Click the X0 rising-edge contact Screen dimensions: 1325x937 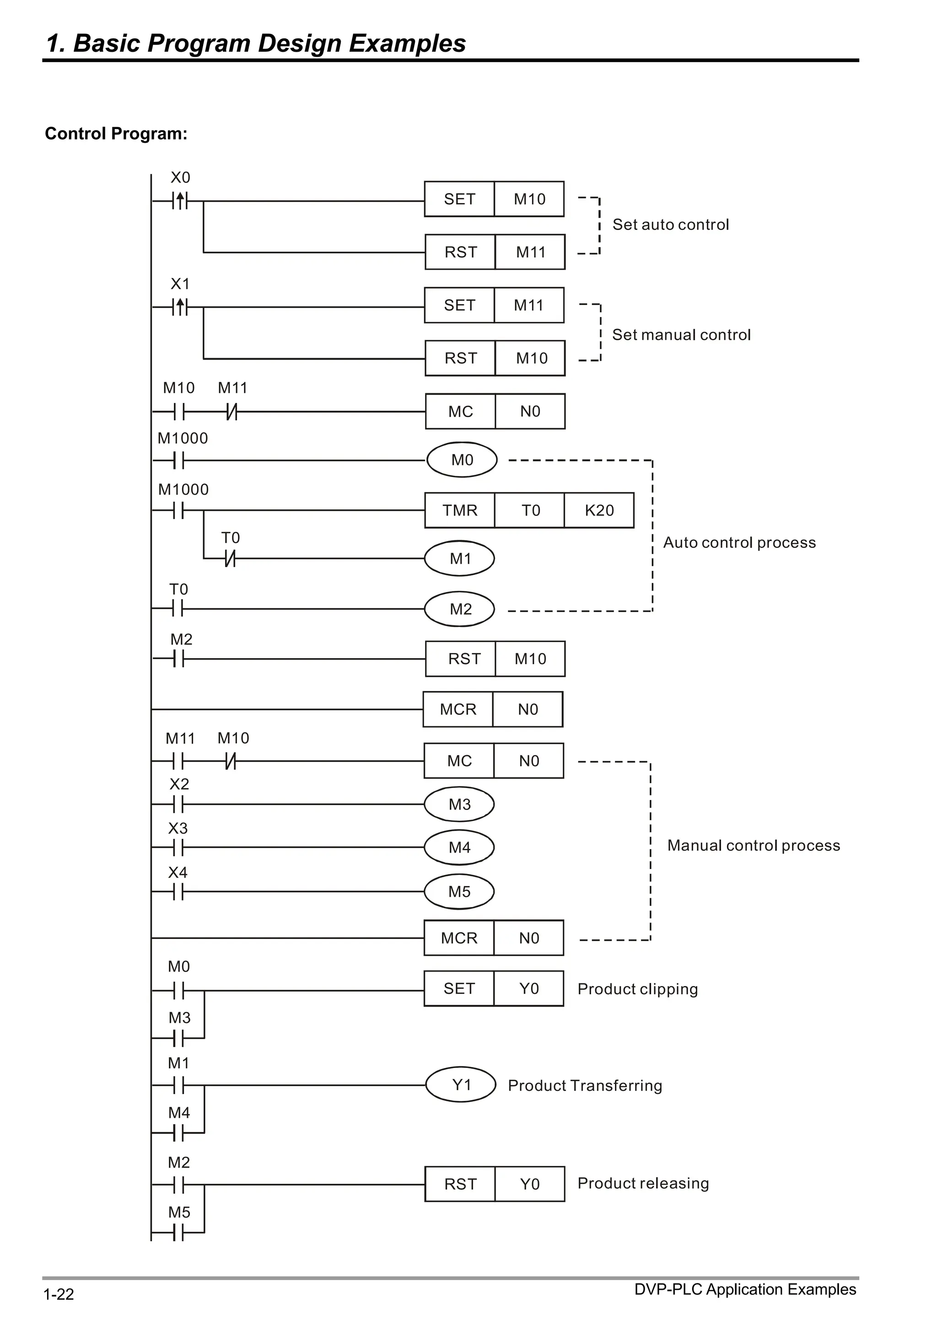[179, 201]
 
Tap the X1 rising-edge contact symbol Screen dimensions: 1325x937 [179, 307]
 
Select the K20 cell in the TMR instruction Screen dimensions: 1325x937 [599, 510]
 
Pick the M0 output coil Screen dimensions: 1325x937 [461, 460]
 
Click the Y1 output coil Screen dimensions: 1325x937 [461, 1085]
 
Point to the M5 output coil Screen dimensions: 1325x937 [459, 891]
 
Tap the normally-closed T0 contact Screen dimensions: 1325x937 [230, 558]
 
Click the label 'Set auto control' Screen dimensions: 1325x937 [670, 225]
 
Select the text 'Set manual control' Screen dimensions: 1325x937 [681, 335]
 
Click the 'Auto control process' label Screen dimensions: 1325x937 [739, 542]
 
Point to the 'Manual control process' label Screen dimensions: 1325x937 [754, 845]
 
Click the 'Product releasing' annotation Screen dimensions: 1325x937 [642, 1184]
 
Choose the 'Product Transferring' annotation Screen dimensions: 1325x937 [584, 1085]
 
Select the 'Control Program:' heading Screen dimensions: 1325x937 [116, 134]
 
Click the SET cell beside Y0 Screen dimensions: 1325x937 [459, 988]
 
